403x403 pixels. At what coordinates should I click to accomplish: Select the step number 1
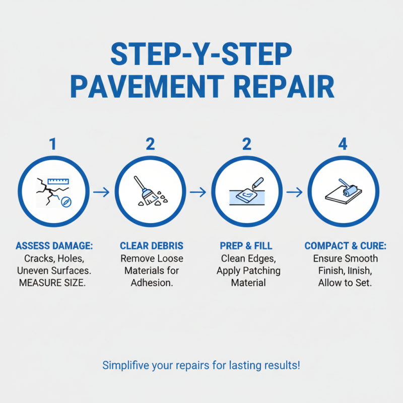pyautogui.click(x=53, y=144)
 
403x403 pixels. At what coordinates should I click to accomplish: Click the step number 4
pyautogui.click(x=343, y=144)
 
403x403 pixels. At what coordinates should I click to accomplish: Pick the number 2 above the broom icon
pyautogui.click(x=150, y=144)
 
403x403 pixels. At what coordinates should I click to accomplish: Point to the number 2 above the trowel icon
pyautogui.click(x=246, y=144)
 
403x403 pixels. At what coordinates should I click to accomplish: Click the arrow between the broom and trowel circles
pyautogui.click(x=198, y=192)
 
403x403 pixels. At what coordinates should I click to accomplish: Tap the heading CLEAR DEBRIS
pyautogui.click(x=152, y=246)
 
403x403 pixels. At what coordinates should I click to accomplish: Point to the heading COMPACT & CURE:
pyautogui.click(x=345, y=246)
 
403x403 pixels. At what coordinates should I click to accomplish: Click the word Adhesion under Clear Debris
pyautogui.click(x=152, y=282)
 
